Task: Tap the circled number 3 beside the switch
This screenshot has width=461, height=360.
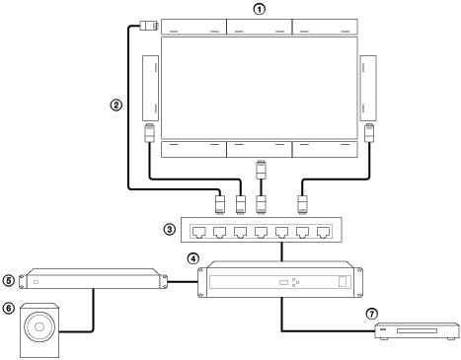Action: coord(171,231)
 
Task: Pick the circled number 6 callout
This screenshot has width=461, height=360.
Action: coord(10,306)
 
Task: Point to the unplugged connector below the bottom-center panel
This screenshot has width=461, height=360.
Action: coord(261,169)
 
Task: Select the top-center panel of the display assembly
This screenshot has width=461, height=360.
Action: coord(260,26)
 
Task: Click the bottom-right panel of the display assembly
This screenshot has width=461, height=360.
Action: coord(326,149)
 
